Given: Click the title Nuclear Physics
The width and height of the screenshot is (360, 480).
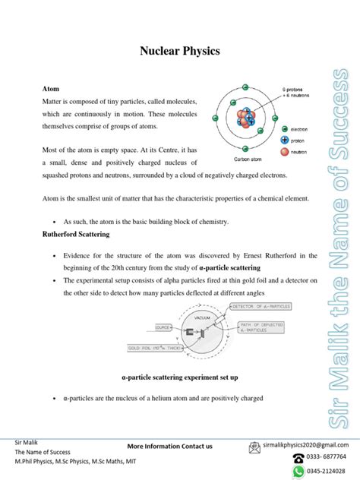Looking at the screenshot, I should (x=179, y=52).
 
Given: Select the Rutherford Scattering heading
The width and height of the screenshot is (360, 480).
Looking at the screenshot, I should (x=77, y=235).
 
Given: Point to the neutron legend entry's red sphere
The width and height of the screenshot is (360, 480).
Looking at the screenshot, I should (x=285, y=153).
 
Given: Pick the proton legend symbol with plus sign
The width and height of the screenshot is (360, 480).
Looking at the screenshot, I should (x=285, y=141).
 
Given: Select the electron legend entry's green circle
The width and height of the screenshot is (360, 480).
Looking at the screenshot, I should (x=285, y=129).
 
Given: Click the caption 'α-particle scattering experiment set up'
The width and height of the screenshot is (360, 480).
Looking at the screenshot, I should (x=180, y=377).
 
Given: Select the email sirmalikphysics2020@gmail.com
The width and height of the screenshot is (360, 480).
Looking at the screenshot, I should (x=308, y=444).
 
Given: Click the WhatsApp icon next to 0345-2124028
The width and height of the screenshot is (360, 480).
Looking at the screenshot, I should (x=298, y=472).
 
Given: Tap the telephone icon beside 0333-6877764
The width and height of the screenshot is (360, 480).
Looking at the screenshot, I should (x=298, y=458).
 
